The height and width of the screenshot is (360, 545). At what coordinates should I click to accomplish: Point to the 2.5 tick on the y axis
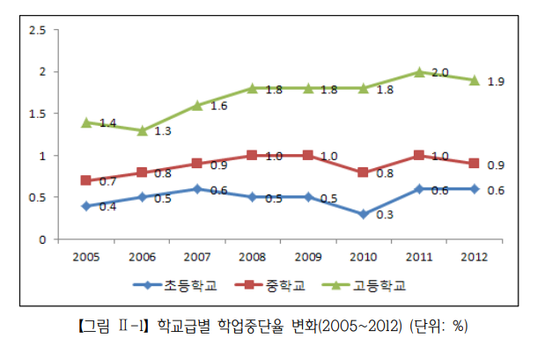point(38,30)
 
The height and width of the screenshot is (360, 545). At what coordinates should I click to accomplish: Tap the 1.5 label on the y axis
point(38,114)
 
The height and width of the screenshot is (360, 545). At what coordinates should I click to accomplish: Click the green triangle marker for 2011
point(420,71)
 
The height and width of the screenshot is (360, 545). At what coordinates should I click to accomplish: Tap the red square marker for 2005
point(85,180)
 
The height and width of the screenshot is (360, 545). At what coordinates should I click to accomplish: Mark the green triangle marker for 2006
point(142,130)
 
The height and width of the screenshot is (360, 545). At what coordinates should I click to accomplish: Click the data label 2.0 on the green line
point(440,72)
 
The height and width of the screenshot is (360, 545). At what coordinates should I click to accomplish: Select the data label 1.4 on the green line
point(107,123)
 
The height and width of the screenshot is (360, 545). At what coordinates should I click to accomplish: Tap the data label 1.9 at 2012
point(497,81)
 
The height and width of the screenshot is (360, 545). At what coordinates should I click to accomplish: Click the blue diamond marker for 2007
point(197,188)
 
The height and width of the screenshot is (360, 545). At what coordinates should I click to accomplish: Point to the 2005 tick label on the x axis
point(85,256)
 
